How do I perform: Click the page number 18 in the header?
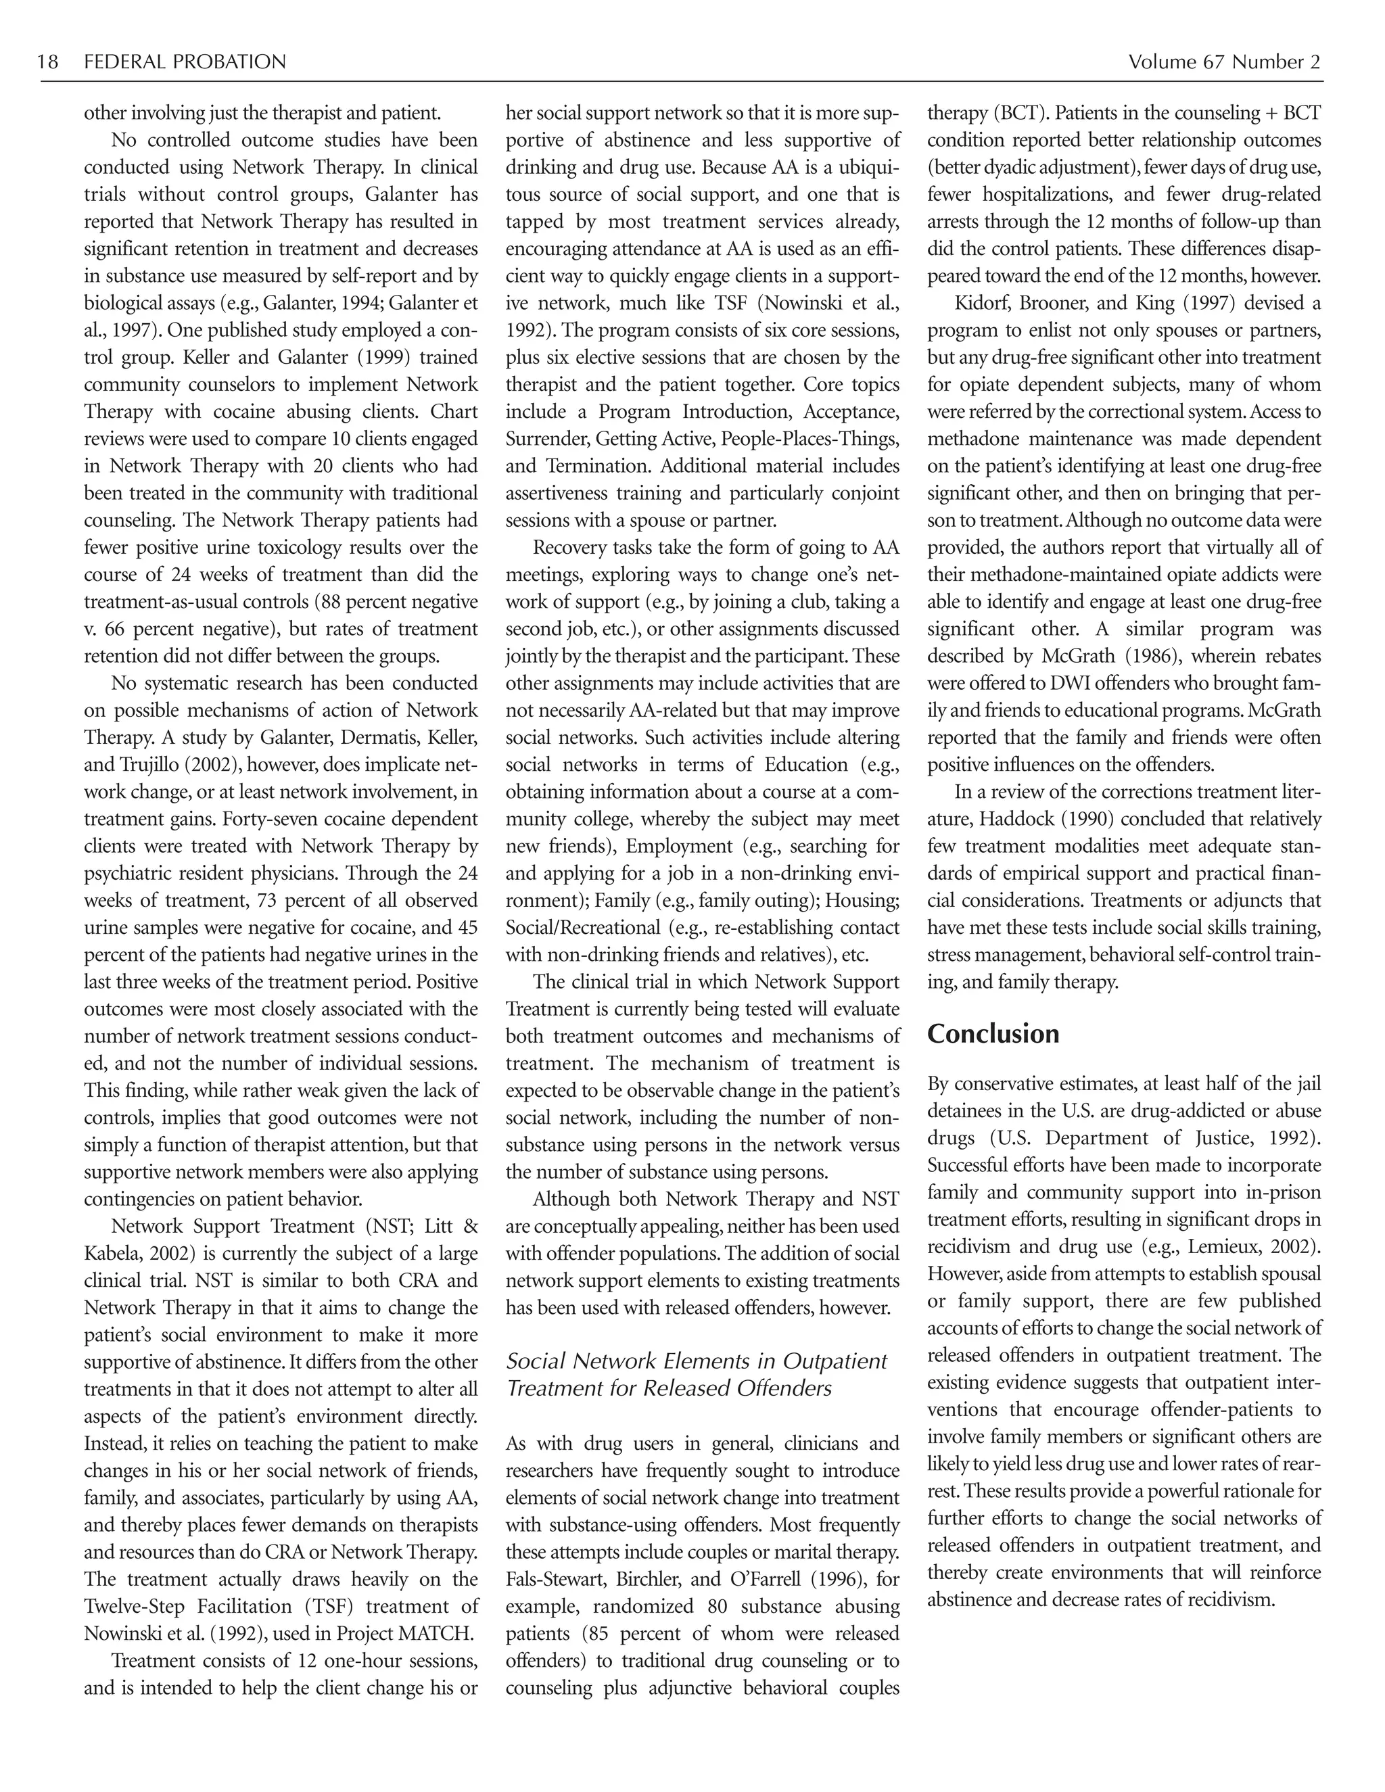tap(49, 62)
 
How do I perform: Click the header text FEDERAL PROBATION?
tap(185, 62)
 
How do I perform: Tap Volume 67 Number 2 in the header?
tap(1223, 62)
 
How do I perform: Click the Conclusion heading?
tap(993, 1034)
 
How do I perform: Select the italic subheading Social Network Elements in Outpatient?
tap(696, 1361)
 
